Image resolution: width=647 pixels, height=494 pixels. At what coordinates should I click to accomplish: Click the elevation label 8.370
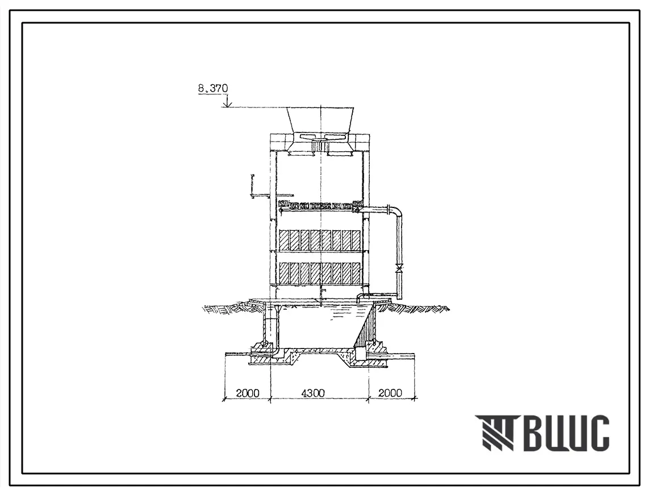coord(213,88)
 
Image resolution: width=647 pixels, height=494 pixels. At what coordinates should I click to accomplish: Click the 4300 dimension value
coord(313,393)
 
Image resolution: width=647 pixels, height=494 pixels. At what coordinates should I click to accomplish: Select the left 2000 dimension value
coord(248,393)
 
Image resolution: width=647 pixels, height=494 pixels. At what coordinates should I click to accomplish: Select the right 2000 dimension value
coord(390,393)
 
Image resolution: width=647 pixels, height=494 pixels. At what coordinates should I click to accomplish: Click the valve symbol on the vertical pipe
coord(399,268)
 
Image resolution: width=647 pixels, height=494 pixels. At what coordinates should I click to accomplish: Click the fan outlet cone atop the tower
coord(320,120)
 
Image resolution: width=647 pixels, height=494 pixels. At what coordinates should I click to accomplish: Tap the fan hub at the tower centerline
coord(320,143)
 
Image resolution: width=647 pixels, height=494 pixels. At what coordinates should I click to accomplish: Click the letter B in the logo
coord(536,433)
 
